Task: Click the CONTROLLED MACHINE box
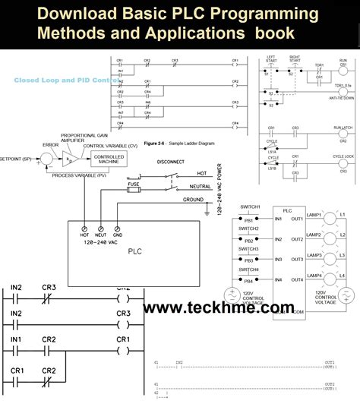pos(109,159)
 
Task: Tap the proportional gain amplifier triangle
pos(69,159)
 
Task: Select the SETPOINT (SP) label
pos(18,159)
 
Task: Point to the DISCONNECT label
pos(173,162)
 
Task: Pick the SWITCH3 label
pos(251,250)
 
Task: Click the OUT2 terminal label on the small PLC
pos(298,238)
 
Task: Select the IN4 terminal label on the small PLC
pos(278,280)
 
